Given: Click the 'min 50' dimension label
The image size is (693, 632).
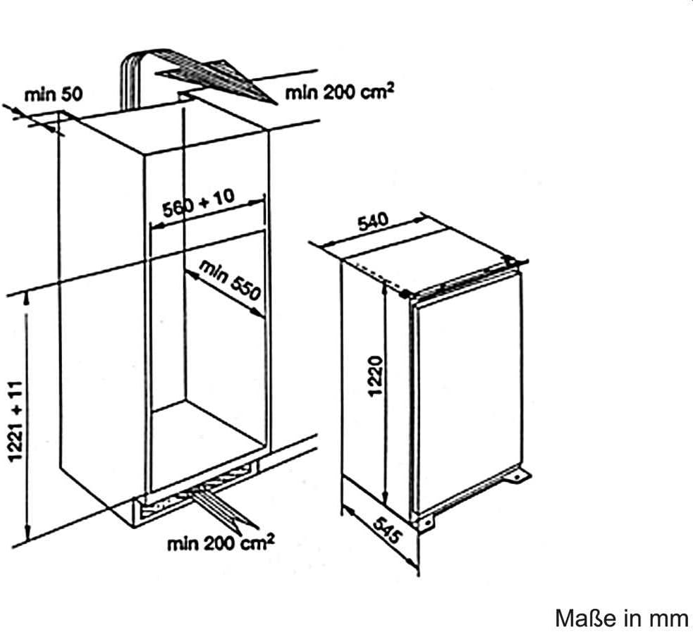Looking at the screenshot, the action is [x=53, y=94].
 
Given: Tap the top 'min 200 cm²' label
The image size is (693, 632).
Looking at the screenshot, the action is [x=339, y=92].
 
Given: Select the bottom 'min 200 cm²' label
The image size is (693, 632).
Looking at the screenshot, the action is [x=220, y=543].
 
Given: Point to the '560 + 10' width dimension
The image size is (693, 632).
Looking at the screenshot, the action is [x=198, y=203].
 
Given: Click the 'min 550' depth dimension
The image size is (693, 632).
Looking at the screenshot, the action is [x=231, y=280].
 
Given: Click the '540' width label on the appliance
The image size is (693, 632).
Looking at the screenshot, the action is [x=373, y=223].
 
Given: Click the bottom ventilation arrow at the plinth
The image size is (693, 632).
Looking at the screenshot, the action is [x=222, y=509].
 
